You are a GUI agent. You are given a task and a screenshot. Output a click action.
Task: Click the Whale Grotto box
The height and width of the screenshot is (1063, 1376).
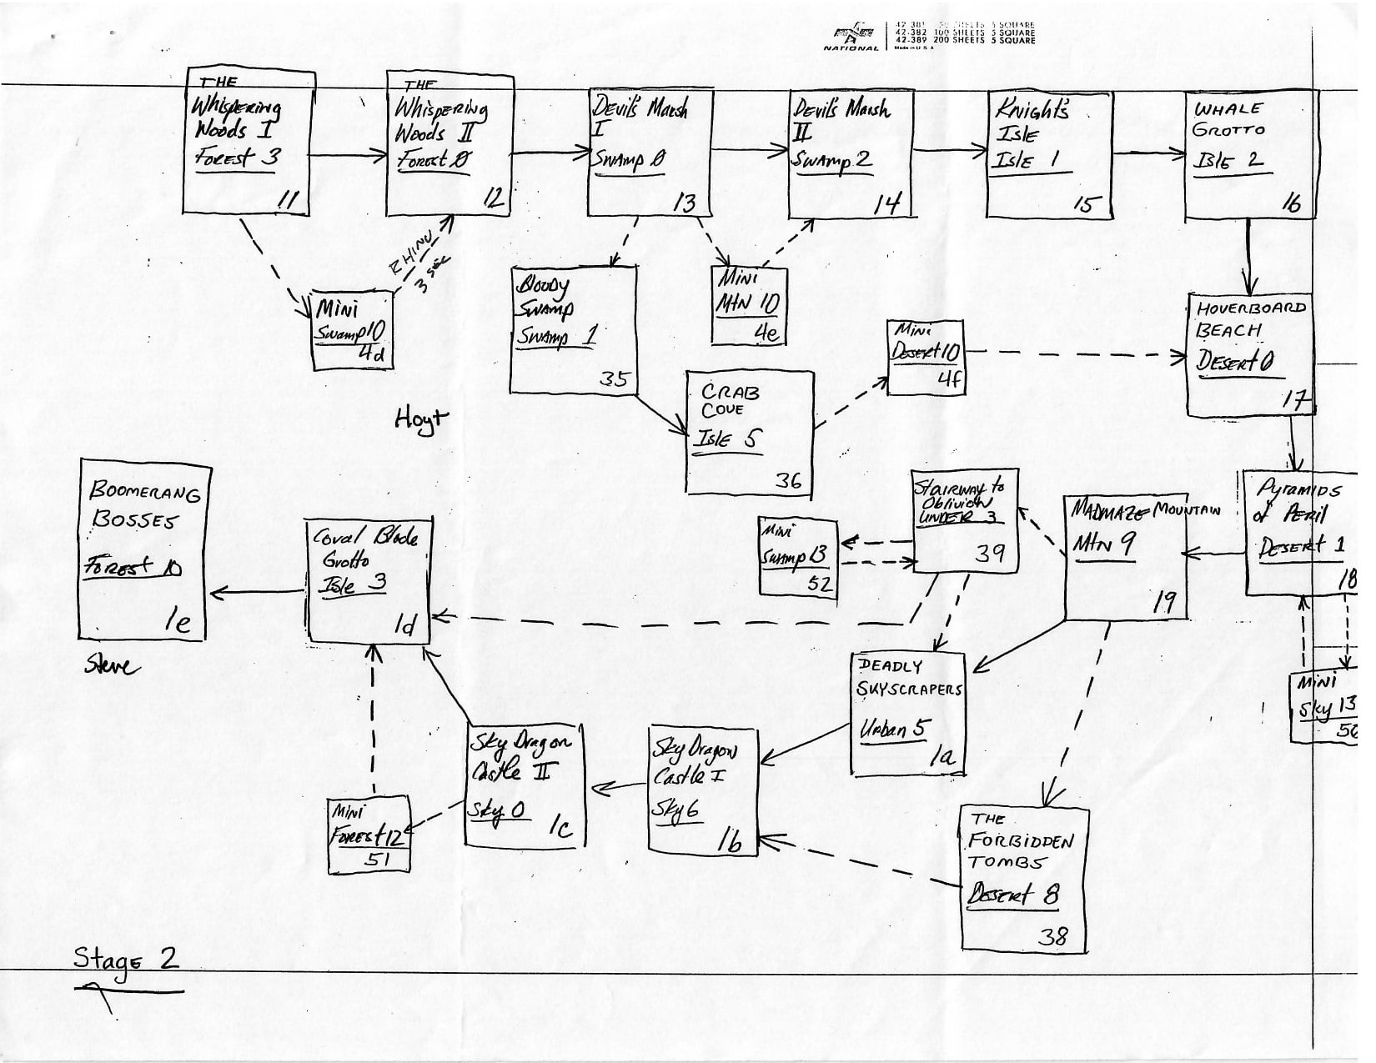pyautogui.click(x=1249, y=154)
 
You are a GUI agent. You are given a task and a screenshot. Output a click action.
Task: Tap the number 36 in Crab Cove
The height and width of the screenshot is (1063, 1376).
pyautogui.click(x=788, y=480)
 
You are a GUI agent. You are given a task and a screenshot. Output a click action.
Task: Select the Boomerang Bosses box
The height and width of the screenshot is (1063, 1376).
pyautogui.click(x=144, y=550)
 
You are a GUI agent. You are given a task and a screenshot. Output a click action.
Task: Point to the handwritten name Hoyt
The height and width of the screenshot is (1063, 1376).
pyautogui.click(x=421, y=419)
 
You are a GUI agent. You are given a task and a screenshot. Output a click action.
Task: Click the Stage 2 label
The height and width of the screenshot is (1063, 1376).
pyautogui.click(x=126, y=959)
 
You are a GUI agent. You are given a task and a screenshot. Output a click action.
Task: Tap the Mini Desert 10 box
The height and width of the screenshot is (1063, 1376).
pyautogui.click(x=925, y=357)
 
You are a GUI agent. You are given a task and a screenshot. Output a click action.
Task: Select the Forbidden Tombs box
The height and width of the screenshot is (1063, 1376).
pyautogui.click(x=1023, y=877)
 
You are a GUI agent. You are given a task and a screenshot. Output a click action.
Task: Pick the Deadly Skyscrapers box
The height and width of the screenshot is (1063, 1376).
pyautogui.click(x=907, y=714)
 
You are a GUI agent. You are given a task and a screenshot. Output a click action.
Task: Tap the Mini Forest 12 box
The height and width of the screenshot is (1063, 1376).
pyautogui.click(x=369, y=834)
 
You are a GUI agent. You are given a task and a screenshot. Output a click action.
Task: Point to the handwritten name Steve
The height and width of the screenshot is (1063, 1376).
pyautogui.click(x=113, y=664)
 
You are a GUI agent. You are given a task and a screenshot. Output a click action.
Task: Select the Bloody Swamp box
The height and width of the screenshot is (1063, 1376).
pyautogui.click(x=573, y=329)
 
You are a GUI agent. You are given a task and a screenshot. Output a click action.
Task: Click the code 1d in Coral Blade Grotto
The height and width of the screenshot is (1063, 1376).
pyautogui.click(x=404, y=625)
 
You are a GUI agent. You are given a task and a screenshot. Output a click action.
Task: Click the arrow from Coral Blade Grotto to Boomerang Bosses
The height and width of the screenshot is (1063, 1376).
pyautogui.click(x=259, y=593)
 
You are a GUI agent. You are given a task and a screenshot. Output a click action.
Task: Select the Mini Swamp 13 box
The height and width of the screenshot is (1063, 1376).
pyautogui.click(x=797, y=556)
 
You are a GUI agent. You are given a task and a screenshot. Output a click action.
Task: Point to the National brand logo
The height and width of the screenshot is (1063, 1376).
pyautogui.click(x=851, y=36)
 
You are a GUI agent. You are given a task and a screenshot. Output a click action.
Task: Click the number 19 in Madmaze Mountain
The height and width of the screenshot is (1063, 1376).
pyautogui.click(x=1163, y=604)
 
